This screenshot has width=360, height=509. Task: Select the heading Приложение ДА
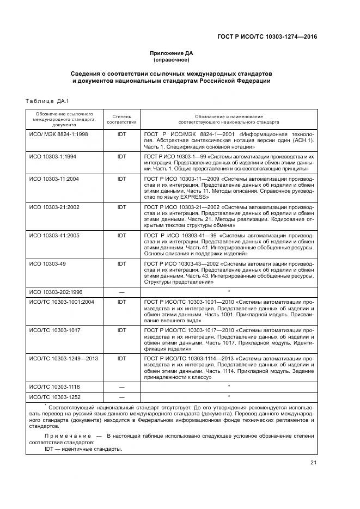pos(172,53)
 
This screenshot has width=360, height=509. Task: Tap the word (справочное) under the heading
pos(172,60)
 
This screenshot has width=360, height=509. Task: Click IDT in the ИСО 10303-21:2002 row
pos(121,207)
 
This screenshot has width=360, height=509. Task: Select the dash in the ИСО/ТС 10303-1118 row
pos(121,385)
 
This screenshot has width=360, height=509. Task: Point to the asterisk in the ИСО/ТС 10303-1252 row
pos(229,396)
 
